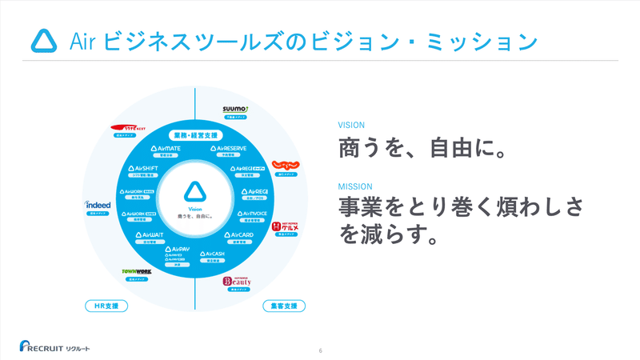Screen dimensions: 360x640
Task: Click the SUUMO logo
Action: (x=236, y=108)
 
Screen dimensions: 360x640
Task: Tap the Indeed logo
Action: (x=98, y=205)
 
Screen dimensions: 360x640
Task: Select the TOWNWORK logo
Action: (x=136, y=272)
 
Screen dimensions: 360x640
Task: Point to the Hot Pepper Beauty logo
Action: (x=237, y=281)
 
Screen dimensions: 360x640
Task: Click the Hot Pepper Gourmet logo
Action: (x=286, y=228)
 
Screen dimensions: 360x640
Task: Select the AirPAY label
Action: (x=178, y=250)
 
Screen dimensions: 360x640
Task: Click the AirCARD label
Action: (x=239, y=235)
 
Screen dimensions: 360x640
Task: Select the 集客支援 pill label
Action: (x=284, y=306)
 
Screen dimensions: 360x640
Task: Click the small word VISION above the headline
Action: (x=351, y=125)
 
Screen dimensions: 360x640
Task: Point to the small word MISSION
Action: (x=354, y=186)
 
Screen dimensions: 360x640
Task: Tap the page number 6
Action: (x=320, y=350)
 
